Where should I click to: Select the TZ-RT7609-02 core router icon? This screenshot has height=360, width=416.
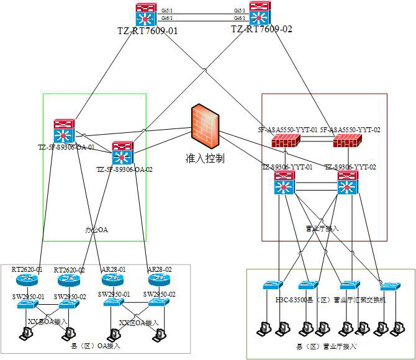258,14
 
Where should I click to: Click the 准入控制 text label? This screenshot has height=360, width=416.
205,158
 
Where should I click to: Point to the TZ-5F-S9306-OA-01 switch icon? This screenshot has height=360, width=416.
64,131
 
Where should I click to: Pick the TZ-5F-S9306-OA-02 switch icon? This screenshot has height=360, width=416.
123,153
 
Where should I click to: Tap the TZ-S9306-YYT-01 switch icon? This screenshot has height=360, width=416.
284,184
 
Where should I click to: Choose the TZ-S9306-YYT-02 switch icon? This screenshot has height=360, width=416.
348,184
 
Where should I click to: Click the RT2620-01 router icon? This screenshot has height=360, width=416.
29,281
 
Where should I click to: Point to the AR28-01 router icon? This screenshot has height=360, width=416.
114,281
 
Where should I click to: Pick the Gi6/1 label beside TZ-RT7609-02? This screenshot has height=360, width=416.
239,19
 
